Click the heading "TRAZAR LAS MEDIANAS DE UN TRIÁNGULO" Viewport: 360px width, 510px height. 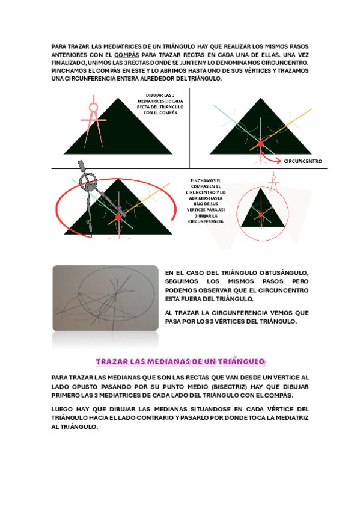coord(181,361)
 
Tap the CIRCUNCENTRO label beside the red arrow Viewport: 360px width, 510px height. coord(303,161)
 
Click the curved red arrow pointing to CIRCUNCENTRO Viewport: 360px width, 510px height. coord(269,157)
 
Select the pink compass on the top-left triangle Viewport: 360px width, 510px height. coord(94,121)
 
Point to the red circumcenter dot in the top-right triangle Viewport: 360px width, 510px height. coord(261,144)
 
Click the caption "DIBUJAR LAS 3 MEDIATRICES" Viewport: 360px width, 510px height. coord(160,104)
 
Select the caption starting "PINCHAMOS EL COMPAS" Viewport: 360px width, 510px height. coord(206,201)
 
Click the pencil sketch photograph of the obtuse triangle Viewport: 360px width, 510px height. coord(106,298)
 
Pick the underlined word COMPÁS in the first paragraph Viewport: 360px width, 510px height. coord(127,55)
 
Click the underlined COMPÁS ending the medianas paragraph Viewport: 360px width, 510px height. coord(278,395)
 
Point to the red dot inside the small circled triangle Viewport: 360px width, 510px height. coord(261,215)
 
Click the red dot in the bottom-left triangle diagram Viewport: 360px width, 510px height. coord(118,217)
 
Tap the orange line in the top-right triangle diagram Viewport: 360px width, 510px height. coord(281,129)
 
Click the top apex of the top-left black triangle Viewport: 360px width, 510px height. coord(118,98)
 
